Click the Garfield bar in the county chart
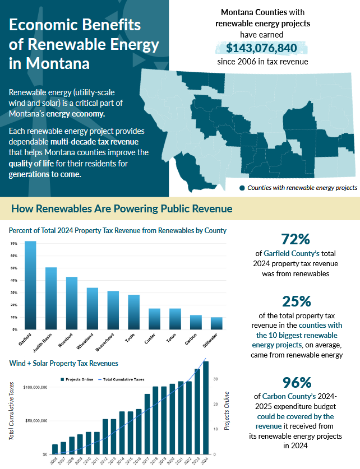tap(30, 285)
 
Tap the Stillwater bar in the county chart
tap(216, 323)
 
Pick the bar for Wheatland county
tap(93, 308)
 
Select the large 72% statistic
tap(296, 239)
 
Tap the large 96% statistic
tap(297, 382)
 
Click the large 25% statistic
tap(297, 301)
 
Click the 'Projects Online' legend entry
tap(79, 379)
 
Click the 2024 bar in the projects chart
tap(206, 407)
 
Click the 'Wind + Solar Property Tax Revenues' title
tap(64, 363)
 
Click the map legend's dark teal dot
tap(242, 188)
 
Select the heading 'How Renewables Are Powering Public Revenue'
tap(122, 209)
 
